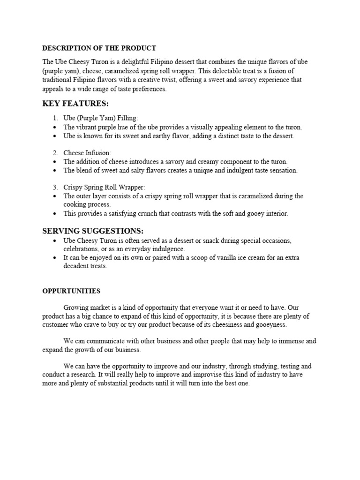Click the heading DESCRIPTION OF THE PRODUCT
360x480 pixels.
pos(99,48)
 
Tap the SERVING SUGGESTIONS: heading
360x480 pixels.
pos(93,231)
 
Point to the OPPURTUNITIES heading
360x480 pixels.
pos(71,291)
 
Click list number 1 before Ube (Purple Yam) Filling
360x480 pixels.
pos(55,119)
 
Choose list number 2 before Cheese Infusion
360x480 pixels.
pos(55,153)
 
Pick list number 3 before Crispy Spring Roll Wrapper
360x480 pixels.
pos(55,187)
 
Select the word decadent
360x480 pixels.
pos(77,266)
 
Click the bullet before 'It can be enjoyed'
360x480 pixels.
pos(56,258)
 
